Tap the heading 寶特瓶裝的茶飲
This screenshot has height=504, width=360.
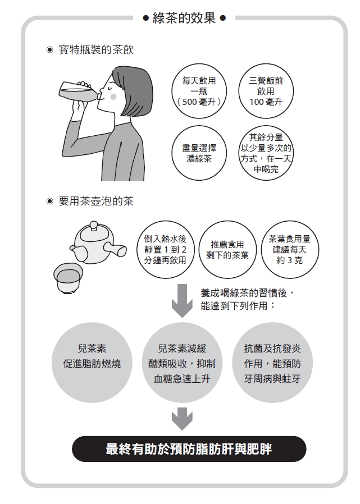pos(96,51)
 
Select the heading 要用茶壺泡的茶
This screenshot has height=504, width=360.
pos(96,201)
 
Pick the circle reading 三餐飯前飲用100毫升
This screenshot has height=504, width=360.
pos(266,92)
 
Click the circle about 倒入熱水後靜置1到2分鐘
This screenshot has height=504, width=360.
pos(165,250)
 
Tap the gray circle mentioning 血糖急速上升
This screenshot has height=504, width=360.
pos(182,363)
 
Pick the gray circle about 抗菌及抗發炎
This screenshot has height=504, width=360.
pos(272,363)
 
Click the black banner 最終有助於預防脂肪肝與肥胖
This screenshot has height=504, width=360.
pos(189,449)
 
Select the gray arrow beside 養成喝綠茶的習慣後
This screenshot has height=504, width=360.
pos(181,300)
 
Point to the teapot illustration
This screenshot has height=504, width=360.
pos(95,242)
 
